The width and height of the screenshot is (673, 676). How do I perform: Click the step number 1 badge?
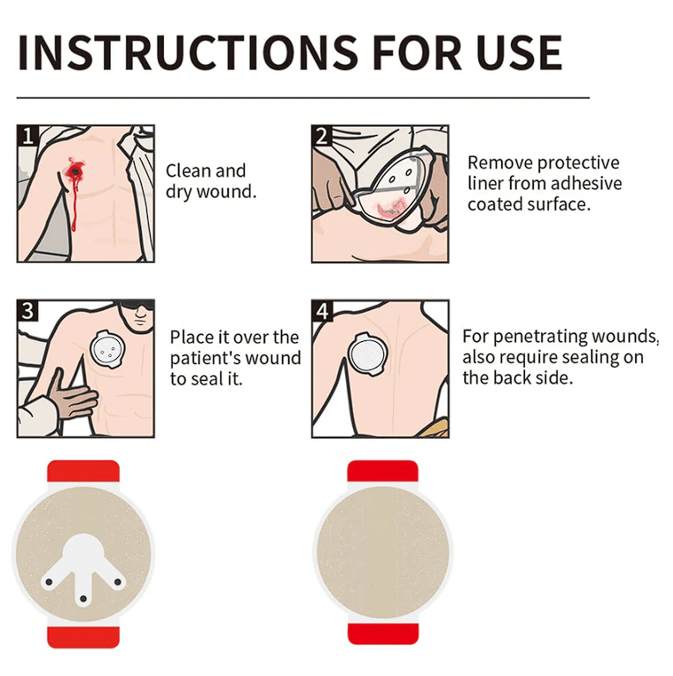click(27, 136)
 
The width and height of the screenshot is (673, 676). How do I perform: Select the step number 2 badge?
click(322, 136)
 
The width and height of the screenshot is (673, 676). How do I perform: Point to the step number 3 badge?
click(27, 310)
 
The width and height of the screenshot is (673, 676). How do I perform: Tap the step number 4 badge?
click(322, 310)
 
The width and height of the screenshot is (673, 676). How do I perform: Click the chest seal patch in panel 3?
click(107, 349)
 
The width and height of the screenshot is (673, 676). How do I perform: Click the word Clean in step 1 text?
click(185, 171)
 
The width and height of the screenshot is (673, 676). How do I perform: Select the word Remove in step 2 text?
click(499, 163)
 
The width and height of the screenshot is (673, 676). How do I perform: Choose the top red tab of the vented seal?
click(84, 472)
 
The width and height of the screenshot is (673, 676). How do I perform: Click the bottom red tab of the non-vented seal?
click(383, 634)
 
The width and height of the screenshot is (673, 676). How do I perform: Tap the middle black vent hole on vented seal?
click(84, 598)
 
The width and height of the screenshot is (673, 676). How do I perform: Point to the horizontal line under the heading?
click(303, 98)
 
